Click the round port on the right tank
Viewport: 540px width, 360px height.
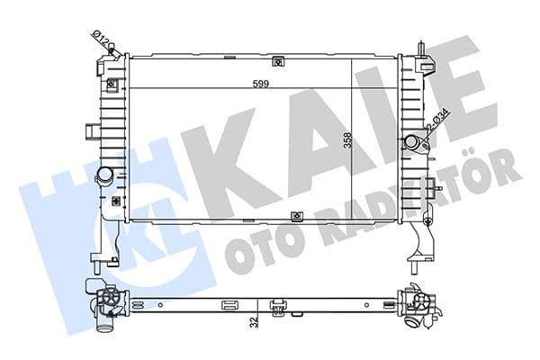click(x=412, y=142)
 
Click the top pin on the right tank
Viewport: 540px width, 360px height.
click(x=420, y=45)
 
